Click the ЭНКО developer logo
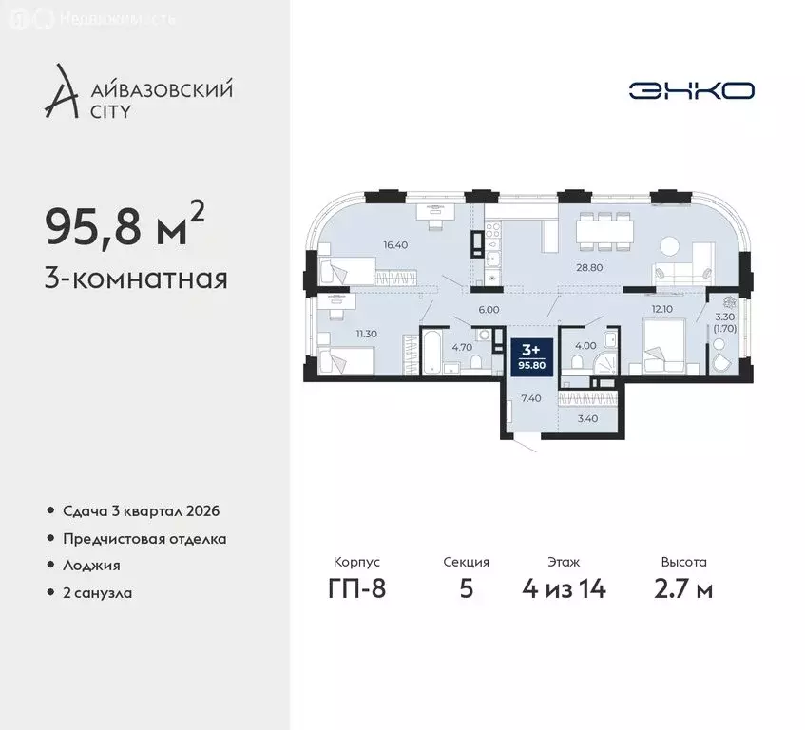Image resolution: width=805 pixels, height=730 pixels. [691, 90]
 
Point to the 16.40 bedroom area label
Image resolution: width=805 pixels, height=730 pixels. [395, 244]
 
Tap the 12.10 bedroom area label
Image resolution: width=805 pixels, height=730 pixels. [661, 309]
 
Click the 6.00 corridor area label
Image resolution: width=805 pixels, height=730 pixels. [489, 310]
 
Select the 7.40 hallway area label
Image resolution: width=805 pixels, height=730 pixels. [531, 398]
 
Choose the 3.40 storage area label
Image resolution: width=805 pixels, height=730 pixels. [588, 416]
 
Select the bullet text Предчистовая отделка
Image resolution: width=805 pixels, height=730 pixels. [144, 538]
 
